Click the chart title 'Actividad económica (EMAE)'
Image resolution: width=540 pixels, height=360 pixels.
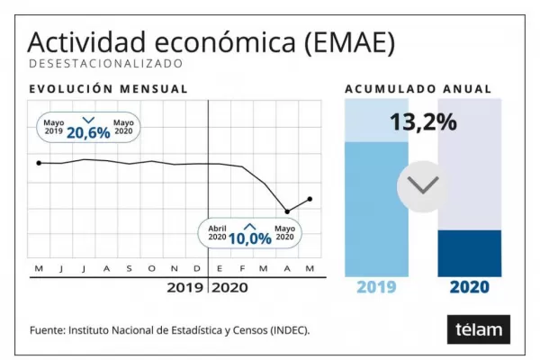(211, 41)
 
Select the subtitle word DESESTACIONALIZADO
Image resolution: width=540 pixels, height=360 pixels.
(105, 64)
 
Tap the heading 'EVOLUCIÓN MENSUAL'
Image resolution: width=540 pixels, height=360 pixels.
(108, 89)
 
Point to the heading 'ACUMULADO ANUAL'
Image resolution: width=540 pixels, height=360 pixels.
(418, 89)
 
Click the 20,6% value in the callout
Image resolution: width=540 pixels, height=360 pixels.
(88, 131)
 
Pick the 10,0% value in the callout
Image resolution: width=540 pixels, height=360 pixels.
(249, 238)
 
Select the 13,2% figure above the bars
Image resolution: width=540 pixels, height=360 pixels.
(423, 121)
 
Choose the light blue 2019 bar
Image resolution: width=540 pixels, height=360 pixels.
(376, 209)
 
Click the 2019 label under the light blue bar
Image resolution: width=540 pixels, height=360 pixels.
(376, 288)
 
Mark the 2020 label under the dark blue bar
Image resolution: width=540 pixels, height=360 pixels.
(469, 288)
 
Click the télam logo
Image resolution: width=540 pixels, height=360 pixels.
(478, 329)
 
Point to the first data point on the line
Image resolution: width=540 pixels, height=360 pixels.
(39, 163)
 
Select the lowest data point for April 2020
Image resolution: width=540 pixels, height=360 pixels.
(287, 211)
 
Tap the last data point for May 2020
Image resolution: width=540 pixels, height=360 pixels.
(310, 199)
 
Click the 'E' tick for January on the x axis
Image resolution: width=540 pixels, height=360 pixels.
(220, 269)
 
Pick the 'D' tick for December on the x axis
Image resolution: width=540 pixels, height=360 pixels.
(197, 269)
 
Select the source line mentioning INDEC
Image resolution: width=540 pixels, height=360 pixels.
(169, 330)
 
